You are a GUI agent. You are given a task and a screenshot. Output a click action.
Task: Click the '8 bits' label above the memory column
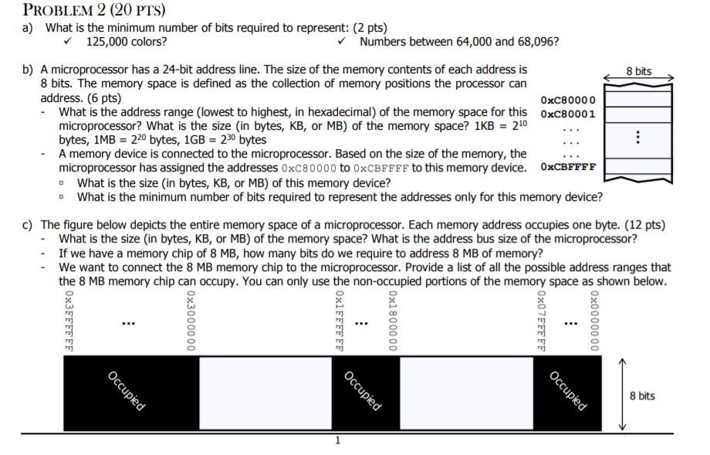tap(638, 71)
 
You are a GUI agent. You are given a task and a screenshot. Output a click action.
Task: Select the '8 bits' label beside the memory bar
tap(642, 396)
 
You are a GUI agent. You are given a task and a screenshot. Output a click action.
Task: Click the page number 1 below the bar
tap(337, 441)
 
